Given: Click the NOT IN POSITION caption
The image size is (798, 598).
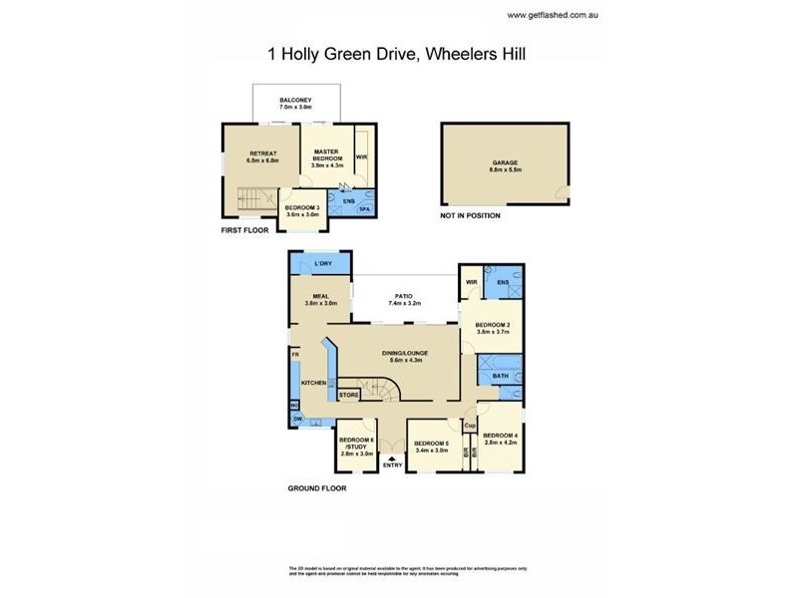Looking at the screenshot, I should [470, 215].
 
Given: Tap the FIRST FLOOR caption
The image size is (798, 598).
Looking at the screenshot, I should [246, 229].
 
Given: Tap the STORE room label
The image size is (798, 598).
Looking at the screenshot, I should [349, 396].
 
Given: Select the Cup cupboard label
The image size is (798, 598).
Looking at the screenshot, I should [470, 426].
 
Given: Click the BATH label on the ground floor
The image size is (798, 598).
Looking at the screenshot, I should [499, 376].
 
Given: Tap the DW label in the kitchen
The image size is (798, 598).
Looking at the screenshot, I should [297, 420].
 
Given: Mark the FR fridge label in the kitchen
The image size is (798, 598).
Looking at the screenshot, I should [294, 354].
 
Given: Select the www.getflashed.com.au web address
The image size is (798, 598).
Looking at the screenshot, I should [552, 15].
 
